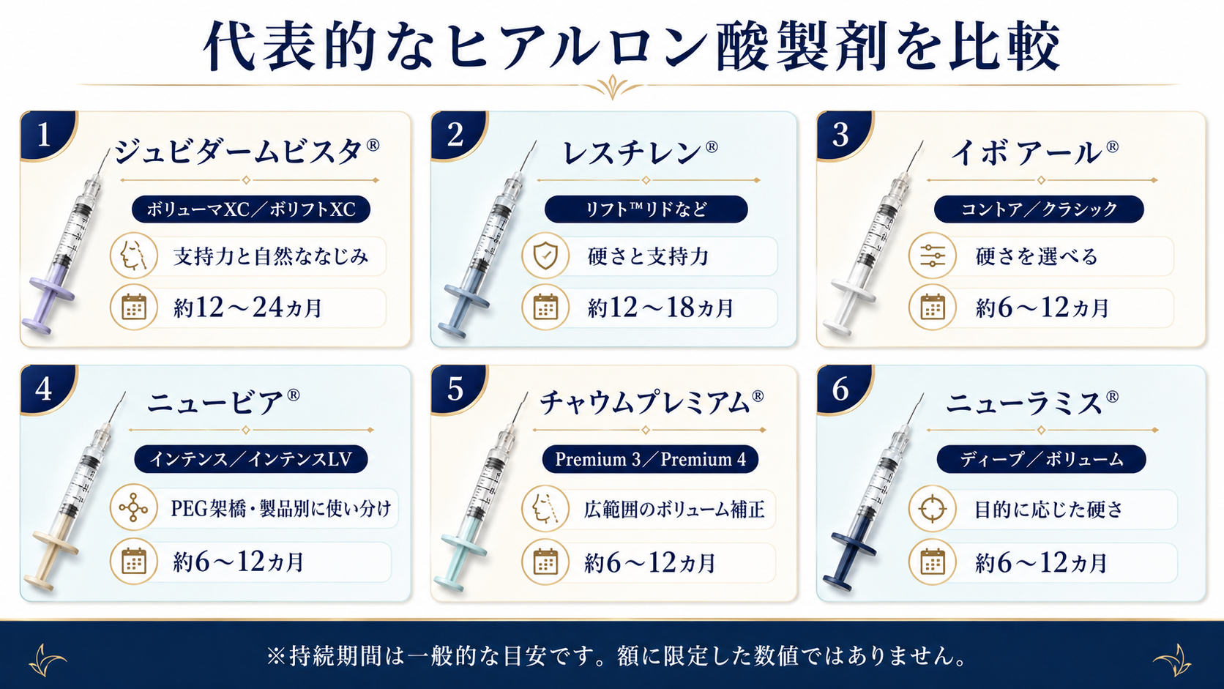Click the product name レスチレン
[640, 152]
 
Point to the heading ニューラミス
[1031, 403]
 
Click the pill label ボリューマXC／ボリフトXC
[251, 209]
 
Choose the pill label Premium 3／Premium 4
[650, 459]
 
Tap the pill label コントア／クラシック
[1039, 209]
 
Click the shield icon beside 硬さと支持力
[545, 256]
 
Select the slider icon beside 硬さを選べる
[932, 256]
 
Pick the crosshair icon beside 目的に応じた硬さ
[932, 509]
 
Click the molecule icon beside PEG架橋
[133, 507]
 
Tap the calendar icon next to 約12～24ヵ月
[133, 307]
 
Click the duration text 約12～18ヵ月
[660, 308]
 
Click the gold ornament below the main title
[612, 87]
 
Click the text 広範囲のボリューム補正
[674, 509]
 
